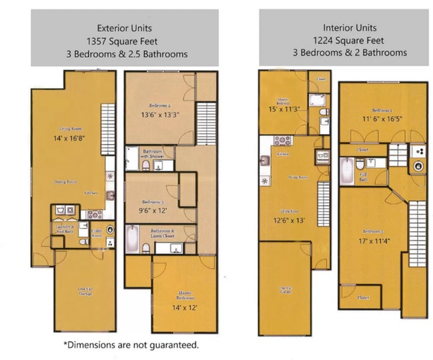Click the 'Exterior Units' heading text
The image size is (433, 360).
[124, 28]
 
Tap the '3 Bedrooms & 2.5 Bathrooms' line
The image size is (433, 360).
[124, 53]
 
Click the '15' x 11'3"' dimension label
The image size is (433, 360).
[284, 109]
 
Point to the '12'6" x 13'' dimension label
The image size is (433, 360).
[288, 219]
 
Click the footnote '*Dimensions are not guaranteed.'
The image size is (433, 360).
[131, 345]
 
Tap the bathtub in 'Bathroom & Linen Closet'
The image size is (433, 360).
[132, 239]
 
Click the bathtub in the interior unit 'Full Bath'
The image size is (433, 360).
[345, 172]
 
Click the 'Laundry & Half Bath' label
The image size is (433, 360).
[66, 228]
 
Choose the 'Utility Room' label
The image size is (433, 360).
[97, 234]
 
